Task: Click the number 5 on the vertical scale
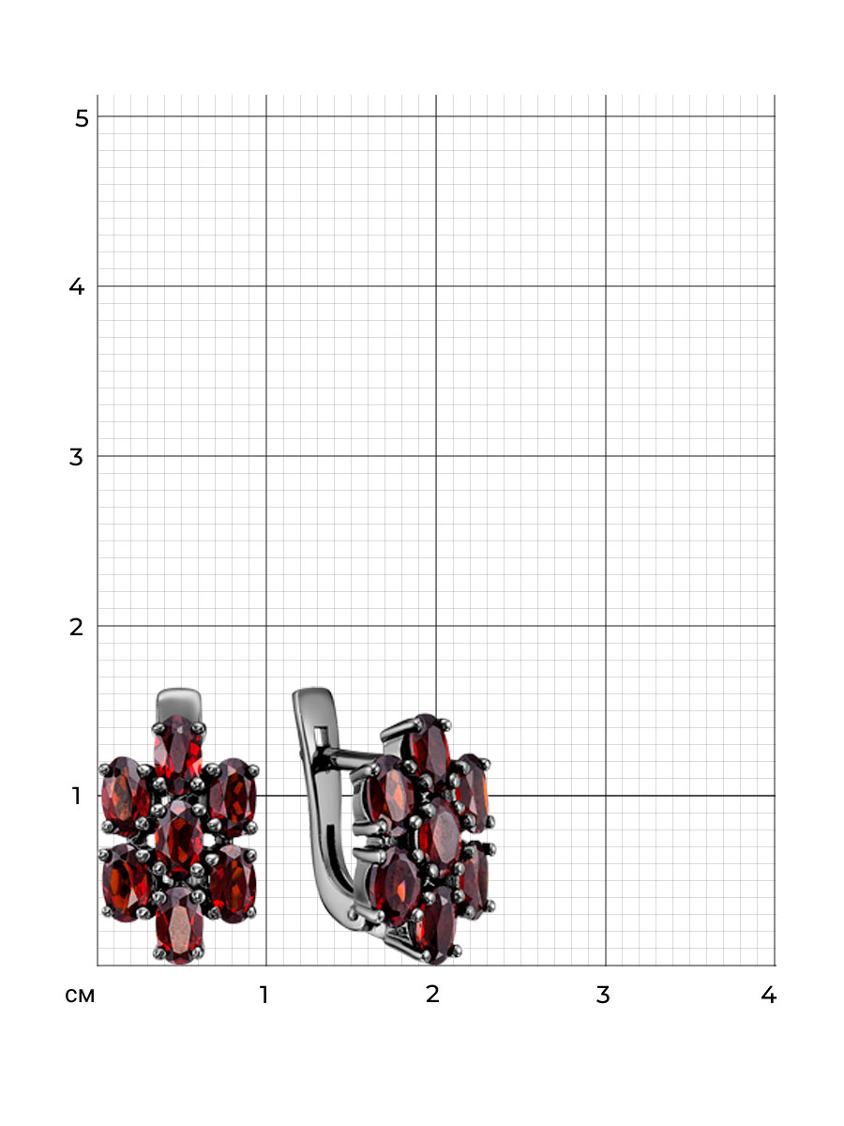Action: point(82,118)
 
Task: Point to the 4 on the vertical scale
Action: point(76,287)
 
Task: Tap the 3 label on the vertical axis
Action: point(76,457)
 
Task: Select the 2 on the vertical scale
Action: point(76,627)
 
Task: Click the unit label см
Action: point(80,996)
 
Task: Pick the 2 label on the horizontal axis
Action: point(432,994)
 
